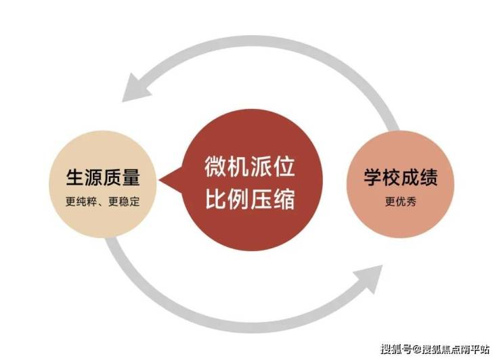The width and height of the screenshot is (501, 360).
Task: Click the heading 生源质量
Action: click(103, 177)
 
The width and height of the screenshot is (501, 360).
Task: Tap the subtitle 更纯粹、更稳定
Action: click(103, 202)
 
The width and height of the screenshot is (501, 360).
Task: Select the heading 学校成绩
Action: click(401, 177)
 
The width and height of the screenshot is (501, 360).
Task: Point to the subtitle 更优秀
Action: click(401, 202)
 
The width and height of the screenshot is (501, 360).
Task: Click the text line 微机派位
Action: click(250, 166)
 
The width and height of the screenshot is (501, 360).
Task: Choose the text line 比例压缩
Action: click(250, 199)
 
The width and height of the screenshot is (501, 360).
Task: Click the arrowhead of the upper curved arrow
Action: click(136, 88)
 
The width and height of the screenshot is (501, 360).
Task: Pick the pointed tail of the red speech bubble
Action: click(160, 181)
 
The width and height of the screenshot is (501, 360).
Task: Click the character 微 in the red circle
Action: click(216, 166)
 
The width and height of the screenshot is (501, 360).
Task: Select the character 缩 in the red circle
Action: click(284, 199)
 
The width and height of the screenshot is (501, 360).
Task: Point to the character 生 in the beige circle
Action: click(75, 177)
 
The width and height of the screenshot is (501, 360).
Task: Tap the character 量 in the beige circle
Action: click(131, 177)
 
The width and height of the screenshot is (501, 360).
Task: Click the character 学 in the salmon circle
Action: click(373, 177)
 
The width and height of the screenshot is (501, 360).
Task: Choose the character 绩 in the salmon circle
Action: click(429, 177)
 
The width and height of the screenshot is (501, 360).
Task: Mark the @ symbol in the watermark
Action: click(416, 348)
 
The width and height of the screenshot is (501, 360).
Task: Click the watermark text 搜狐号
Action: click(396, 348)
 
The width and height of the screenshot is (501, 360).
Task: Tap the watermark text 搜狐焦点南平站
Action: click(456, 348)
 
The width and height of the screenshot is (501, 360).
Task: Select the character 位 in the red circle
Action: click(284, 166)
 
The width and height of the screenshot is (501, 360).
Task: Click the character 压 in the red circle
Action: click(261, 199)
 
